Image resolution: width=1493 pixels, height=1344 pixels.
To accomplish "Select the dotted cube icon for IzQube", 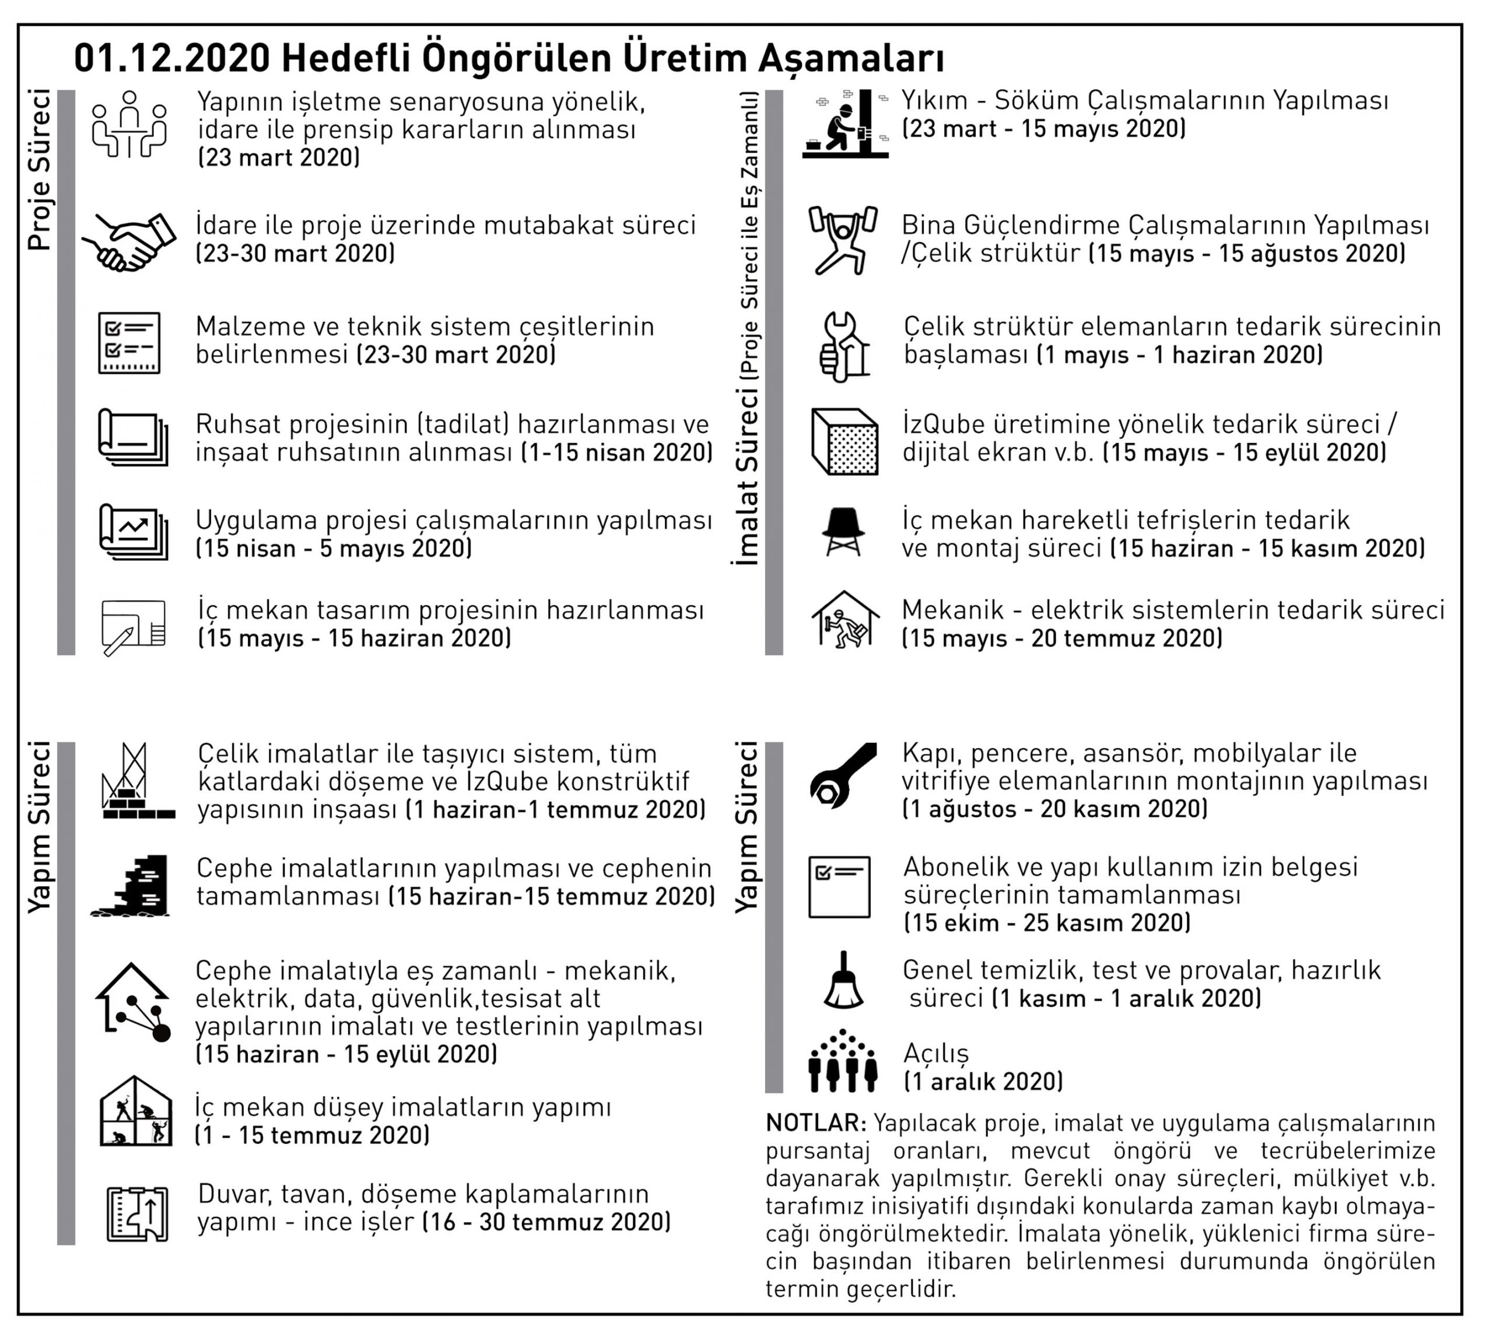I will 844,441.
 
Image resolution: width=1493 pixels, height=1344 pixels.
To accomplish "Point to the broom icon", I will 843,981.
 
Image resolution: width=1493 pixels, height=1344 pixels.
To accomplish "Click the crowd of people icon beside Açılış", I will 843,1061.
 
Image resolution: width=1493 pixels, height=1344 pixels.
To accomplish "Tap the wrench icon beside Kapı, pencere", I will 843,775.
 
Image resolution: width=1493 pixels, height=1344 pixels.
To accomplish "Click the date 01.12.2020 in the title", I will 172,59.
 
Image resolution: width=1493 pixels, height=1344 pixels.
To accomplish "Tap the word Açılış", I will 935,1053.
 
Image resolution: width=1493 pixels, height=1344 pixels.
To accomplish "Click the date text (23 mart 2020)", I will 279,157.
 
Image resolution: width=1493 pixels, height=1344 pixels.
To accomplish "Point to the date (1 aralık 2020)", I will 983,1081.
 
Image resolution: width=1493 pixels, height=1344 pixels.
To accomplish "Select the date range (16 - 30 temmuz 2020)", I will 546,1222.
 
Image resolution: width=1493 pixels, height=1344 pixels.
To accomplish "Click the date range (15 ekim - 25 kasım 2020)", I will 1047,922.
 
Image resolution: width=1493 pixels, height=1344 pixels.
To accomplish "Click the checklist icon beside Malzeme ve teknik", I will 129,343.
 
